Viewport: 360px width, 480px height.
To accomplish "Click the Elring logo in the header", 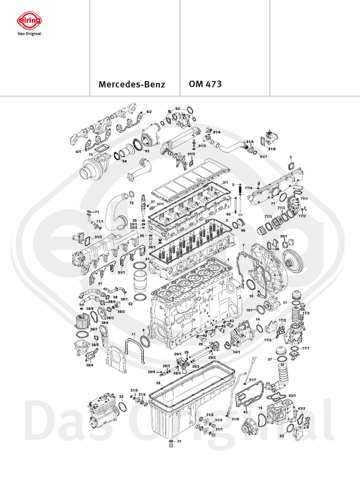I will (30, 21).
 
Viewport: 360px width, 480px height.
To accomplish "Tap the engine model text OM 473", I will (205, 84).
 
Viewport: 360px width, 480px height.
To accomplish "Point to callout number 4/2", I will (149, 112).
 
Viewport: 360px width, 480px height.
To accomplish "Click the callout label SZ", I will (178, 108).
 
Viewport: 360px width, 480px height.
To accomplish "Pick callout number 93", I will (146, 151).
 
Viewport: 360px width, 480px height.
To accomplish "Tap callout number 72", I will (132, 203).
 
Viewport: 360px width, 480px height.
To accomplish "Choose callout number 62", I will (131, 304).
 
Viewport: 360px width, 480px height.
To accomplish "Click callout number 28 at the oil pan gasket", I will (158, 383).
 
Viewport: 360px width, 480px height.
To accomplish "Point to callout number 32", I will (121, 397).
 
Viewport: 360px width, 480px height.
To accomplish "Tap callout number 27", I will (270, 360).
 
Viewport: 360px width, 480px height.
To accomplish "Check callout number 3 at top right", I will (291, 157).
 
